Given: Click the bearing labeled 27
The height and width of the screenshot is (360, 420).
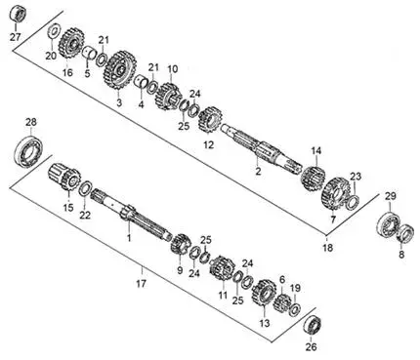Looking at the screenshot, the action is [19, 15].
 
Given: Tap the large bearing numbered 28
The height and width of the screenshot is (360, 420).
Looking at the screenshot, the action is [28, 151].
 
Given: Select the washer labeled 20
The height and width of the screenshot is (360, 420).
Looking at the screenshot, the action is [53, 31].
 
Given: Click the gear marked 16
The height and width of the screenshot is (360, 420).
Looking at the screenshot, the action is [71, 44].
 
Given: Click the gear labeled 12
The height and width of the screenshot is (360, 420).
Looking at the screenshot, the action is [210, 120].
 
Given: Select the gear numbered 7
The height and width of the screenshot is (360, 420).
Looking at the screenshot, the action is [334, 193].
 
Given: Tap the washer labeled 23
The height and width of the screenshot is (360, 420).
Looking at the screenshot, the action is [353, 203].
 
